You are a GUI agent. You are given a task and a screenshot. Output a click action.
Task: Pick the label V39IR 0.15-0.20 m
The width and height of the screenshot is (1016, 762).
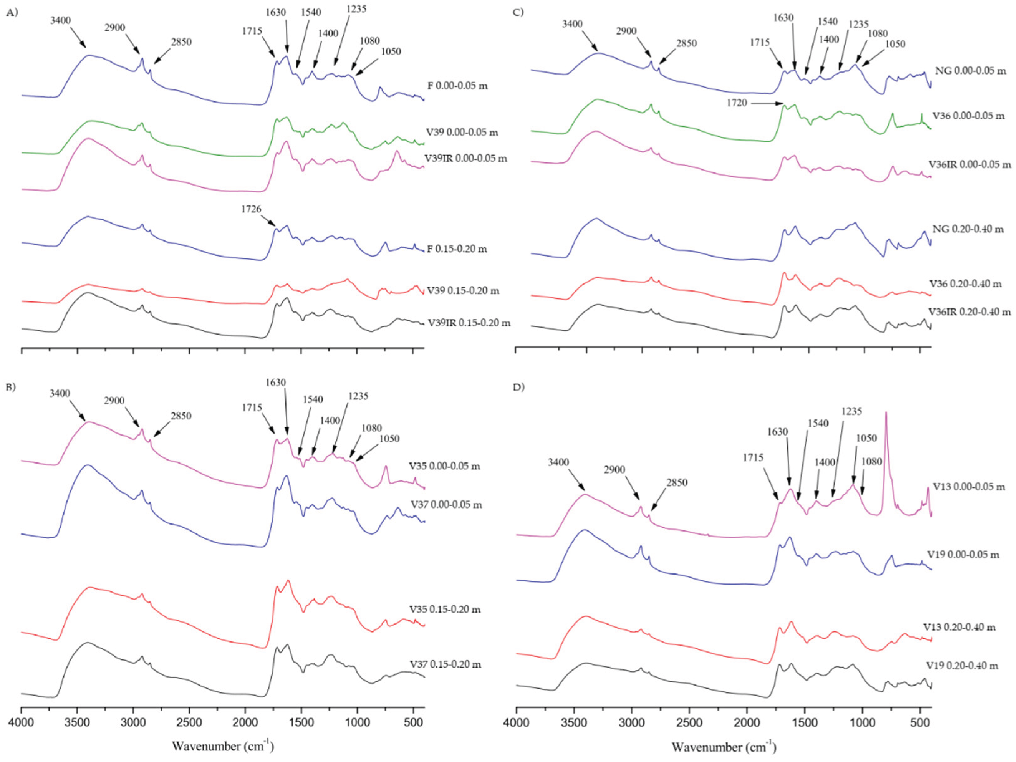click(x=469, y=323)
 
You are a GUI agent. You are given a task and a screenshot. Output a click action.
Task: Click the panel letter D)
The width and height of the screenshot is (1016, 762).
click(x=518, y=387)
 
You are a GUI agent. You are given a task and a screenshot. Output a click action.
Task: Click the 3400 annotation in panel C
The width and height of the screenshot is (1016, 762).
click(x=572, y=23)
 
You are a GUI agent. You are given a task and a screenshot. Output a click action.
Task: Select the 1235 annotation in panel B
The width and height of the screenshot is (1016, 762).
click(x=358, y=396)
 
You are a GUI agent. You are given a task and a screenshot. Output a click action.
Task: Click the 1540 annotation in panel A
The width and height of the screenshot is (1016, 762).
click(x=311, y=12)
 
